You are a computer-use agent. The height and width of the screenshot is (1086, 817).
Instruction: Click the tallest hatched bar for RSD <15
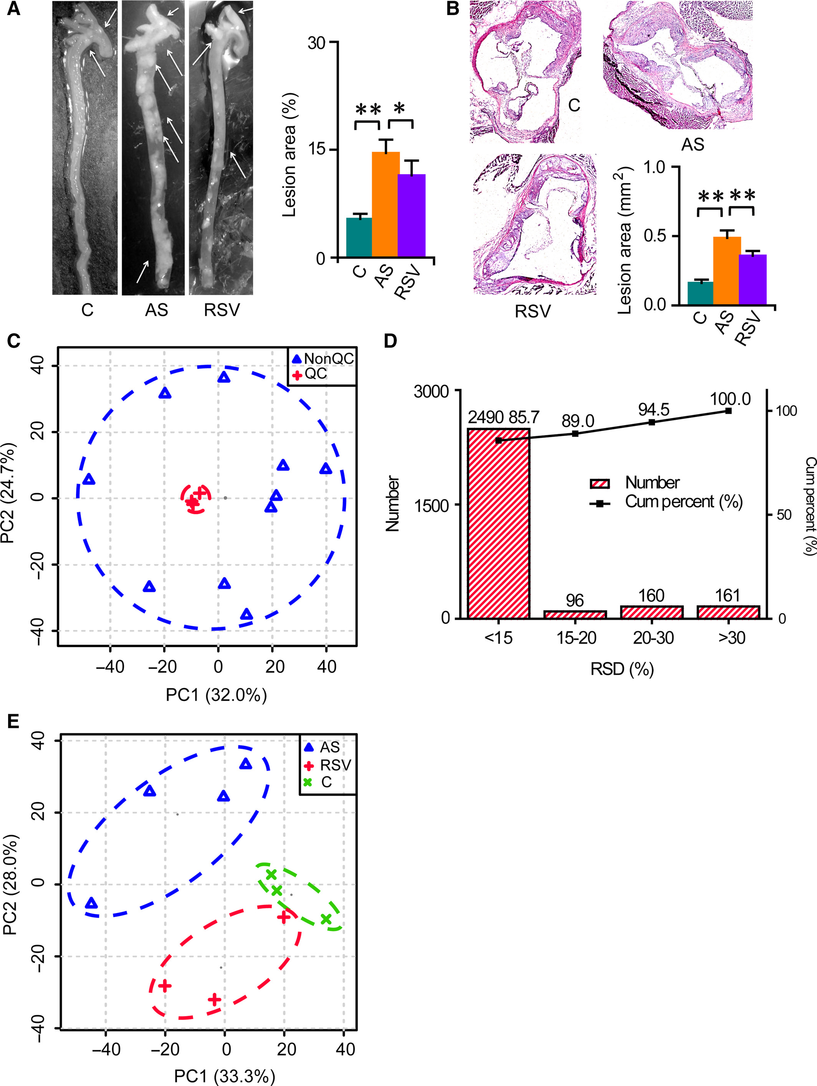pos(499,523)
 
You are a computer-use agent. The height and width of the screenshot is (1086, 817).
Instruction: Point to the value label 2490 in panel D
pos(485,417)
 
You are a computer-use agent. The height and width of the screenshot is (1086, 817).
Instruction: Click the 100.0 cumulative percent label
pos(730,399)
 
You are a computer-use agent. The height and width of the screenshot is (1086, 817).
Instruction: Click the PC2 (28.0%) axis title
pos(11,884)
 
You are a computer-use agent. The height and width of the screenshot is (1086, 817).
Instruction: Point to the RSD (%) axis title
pos(622,669)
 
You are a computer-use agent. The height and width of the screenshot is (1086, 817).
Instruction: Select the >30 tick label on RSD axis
pos(731,638)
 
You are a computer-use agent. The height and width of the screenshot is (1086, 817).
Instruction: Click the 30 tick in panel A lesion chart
pos(316,43)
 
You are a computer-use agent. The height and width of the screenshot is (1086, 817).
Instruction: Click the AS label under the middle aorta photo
pos(157,310)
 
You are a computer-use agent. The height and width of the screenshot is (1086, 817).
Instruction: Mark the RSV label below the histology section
pos(533,311)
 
